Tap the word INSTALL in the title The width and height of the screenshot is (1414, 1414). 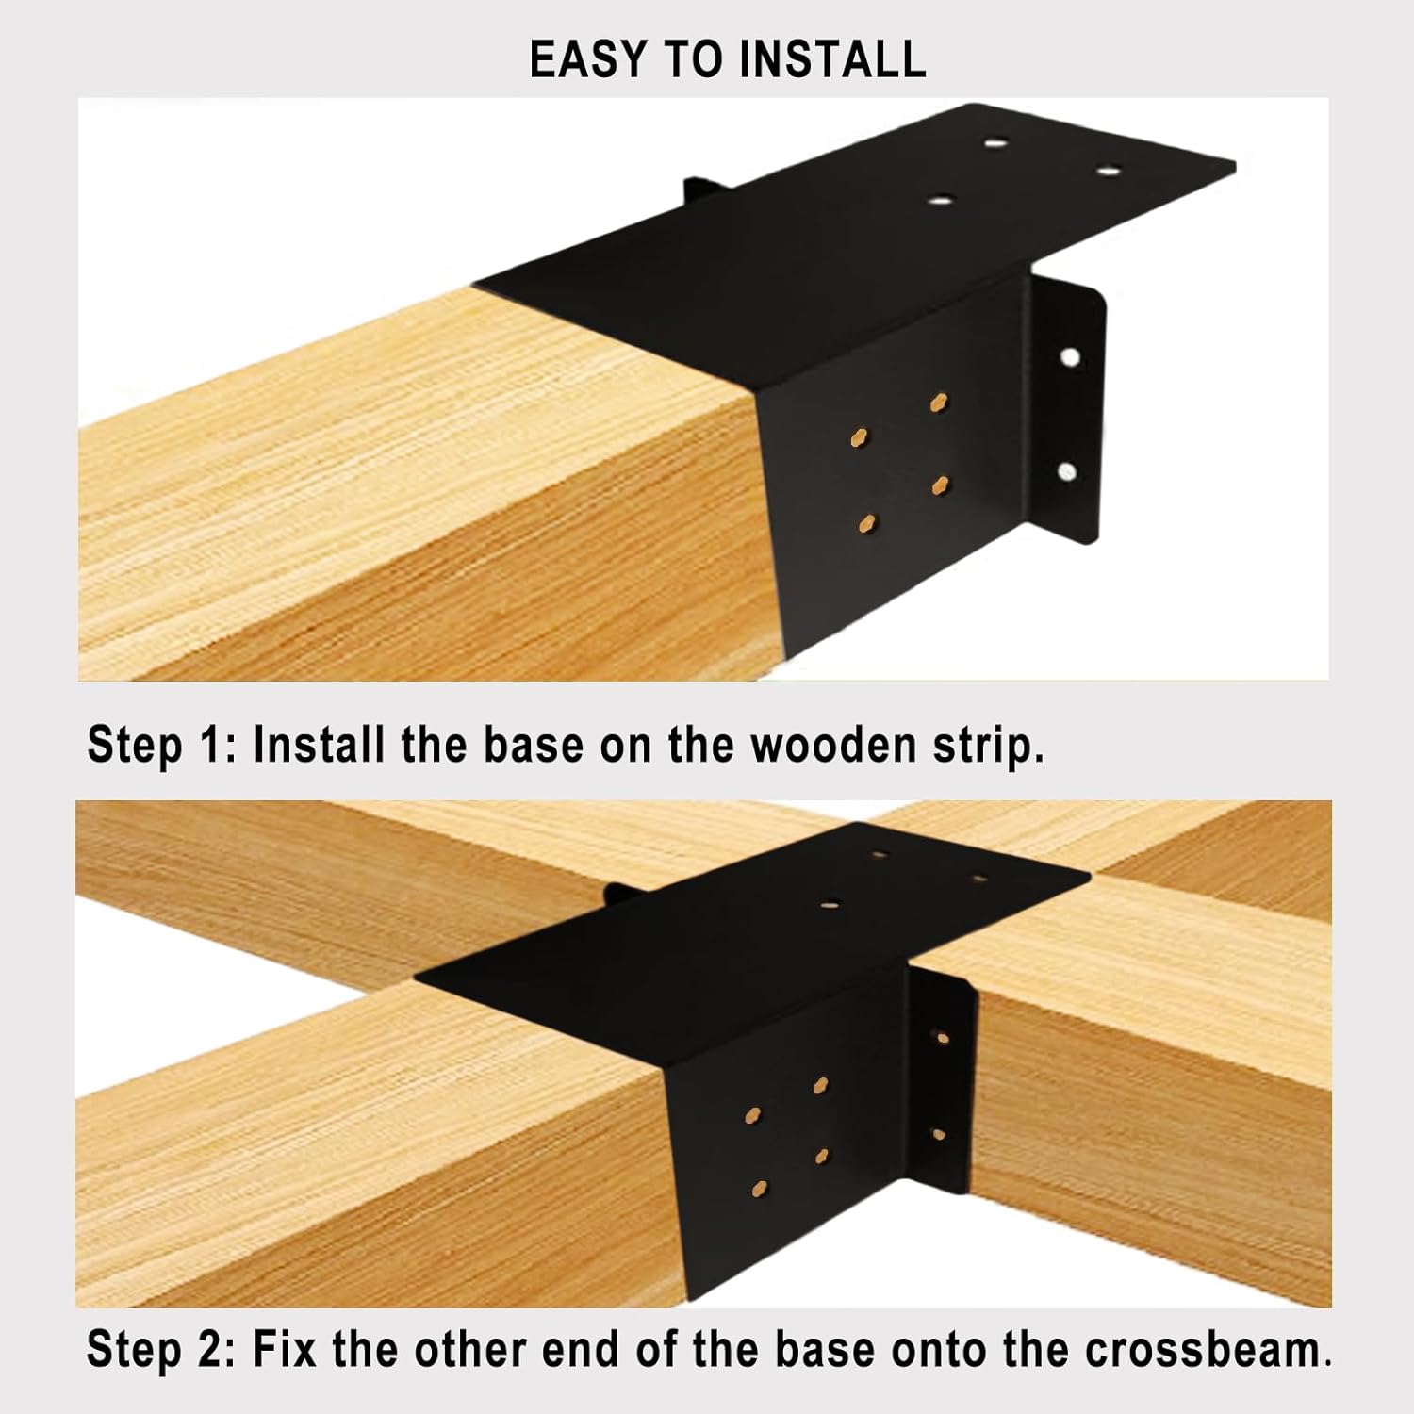click(x=832, y=59)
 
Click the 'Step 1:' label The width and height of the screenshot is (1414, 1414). click(x=161, y=745)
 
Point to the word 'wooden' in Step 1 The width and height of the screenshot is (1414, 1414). click(x=833, y=745)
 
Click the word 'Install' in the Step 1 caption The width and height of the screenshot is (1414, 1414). click(x=320, y=745)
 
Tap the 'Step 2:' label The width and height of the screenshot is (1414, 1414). click(x=161, y=1349)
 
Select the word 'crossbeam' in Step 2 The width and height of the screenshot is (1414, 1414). click(x=1203, y=1349)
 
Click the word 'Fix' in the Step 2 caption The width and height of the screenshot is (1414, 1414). click(x=287, y=1349)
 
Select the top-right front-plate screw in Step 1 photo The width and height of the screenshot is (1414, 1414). click(x=939, y=403)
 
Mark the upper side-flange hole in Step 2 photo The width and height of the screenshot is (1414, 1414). click(x=941, y=1038)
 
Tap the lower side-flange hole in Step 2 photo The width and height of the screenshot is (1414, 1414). click(x=939, y=1134)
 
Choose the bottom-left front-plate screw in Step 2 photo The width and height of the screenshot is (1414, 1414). click(x=760, y=1190)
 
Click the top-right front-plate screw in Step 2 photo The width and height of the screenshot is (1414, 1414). click(x=821, y=1086)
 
